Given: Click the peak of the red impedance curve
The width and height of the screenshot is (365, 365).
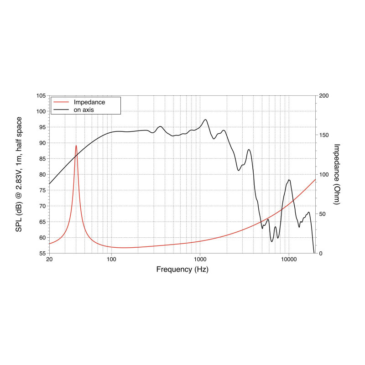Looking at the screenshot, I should pyautogui.click(x=76, y=146).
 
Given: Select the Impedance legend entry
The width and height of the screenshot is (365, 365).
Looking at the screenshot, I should pyautogui.click(x=89, y=102).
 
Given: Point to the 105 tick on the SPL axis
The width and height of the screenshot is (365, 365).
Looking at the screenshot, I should pyautogui.click(x=42, y=96).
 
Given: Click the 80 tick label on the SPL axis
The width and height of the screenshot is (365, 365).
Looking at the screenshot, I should pyautogui.click(x=42, y=174).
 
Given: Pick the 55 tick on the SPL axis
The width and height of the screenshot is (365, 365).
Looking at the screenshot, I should pyautogui.click(x=42, y=253).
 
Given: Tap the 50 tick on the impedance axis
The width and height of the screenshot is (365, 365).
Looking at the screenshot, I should pyautogui.click(x=322, y=214).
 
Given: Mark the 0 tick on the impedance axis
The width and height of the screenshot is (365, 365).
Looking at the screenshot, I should pyautogui.click(x=320, y=253).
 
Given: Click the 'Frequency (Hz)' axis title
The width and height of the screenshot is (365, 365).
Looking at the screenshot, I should pyautogui.click(x=182, y=269).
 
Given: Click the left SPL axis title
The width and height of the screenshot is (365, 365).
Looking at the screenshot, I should pyautogui.click(x=19, y=174).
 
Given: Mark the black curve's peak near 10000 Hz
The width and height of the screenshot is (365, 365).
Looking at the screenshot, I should pyautogui.click(x=289, y=180).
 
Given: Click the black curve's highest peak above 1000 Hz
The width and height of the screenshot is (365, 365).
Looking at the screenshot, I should pyautogui.click(x=206, y=120).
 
